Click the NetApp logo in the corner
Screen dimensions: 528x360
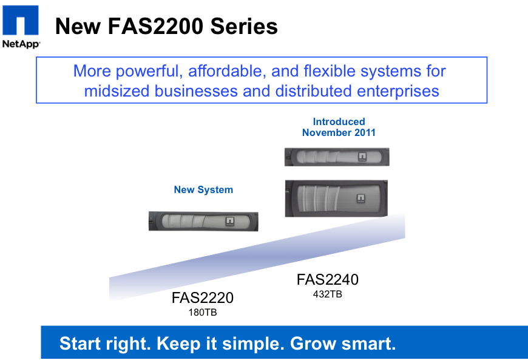click(21, 26)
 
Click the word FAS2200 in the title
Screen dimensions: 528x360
click(155, 26)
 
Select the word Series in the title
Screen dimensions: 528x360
click(244, 26)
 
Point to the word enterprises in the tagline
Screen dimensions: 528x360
click(398, 91)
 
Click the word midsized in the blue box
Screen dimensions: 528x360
click(117, 91)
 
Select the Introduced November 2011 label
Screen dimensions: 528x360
click(339, 127)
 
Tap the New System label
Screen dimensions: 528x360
click(203, 189)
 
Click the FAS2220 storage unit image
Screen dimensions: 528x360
click(203, 221)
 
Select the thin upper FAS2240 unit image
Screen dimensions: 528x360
click(337, 157)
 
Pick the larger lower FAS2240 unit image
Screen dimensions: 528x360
click(336, 199)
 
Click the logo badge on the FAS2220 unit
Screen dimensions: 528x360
click(229, 221)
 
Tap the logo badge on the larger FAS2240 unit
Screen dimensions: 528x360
click(360, 199)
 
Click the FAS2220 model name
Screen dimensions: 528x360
click(202, 297)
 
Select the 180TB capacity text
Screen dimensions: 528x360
click(203, 313)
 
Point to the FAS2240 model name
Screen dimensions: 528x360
click(328, 279)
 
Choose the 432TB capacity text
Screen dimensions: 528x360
click(328, 294)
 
